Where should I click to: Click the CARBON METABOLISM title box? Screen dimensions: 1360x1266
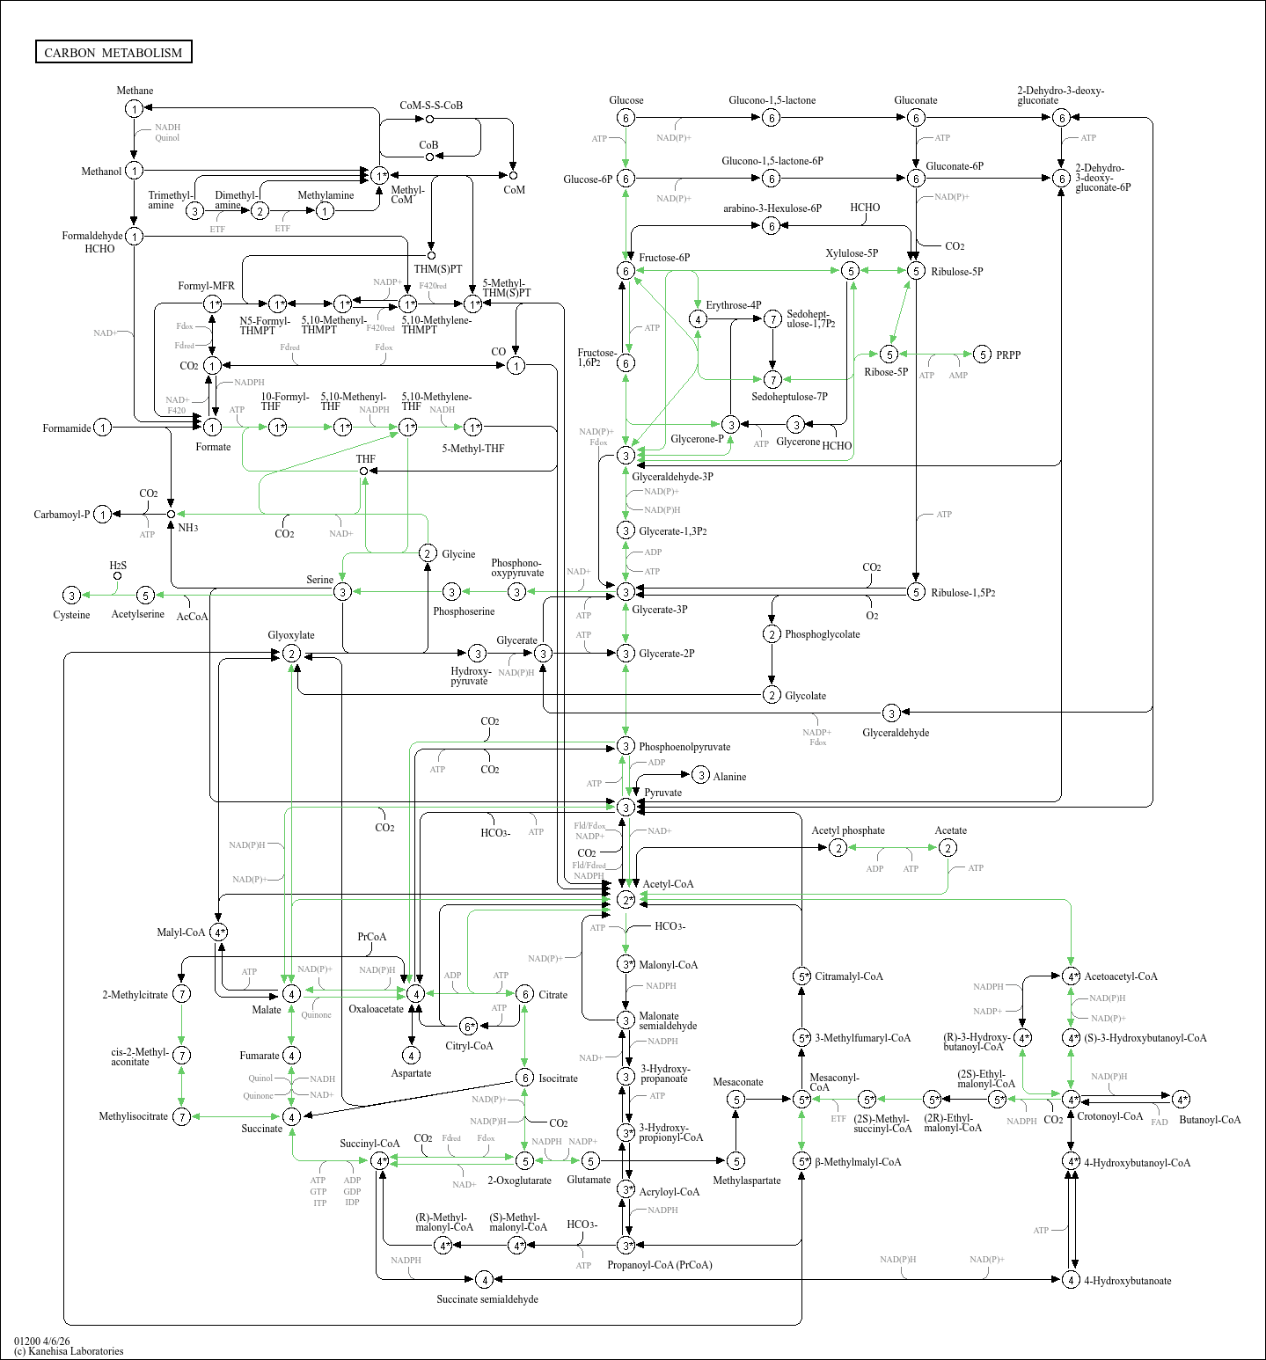113,52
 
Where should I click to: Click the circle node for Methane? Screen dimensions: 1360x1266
134,108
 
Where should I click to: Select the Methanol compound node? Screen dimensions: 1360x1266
134,171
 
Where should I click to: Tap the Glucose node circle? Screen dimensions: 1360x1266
626,118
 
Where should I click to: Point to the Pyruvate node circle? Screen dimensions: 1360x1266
626,807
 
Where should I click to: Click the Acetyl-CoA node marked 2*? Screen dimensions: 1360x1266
626,899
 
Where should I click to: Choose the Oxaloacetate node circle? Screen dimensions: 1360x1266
416,993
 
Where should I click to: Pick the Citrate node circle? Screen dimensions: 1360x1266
524,994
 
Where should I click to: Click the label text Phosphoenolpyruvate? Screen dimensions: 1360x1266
684,747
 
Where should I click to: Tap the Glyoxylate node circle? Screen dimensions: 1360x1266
291,654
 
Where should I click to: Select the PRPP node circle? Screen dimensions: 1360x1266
983,355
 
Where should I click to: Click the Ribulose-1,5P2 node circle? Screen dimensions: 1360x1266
916,592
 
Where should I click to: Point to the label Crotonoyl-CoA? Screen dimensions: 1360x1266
1109,1116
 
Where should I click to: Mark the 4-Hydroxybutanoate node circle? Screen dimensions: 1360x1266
1071,1279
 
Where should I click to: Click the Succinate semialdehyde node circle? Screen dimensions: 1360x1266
483,1279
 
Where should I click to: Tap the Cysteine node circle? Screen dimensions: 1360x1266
72,596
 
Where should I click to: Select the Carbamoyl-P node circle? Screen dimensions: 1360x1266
103,514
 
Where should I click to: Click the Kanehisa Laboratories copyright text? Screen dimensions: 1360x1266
69,1351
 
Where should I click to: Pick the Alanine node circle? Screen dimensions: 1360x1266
700,775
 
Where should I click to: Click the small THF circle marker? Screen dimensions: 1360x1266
363,471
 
